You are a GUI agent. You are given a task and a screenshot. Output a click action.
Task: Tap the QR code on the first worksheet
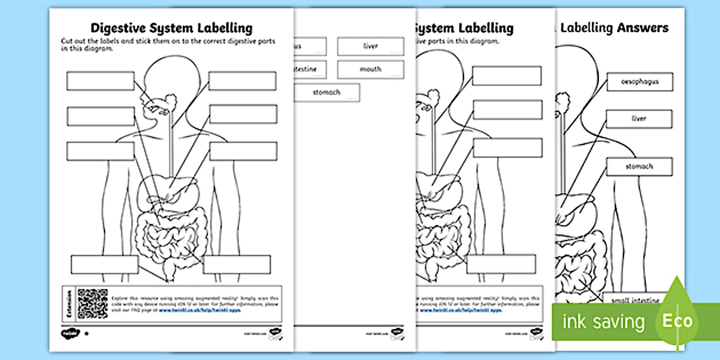click(x=92, y=303)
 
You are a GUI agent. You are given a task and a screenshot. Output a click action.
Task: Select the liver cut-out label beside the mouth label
click(x=370, y=46)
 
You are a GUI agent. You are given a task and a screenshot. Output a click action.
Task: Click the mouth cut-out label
click(x=370, y=69)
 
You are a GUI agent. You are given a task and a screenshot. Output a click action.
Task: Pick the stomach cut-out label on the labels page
click(x=326, y=92)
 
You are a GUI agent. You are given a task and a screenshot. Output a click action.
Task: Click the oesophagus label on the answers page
click(x=639, y=82)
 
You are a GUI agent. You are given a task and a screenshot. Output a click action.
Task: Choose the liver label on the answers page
click(x=639, y=119)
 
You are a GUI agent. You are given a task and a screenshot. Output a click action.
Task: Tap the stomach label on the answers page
click(x=639, y=167)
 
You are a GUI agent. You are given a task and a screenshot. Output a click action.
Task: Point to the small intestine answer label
click(x=635, y=299)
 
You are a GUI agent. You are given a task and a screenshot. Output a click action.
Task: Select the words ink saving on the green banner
click(x=603, y=321)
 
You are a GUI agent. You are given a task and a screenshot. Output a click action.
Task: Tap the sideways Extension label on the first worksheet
click(x=69, y=303)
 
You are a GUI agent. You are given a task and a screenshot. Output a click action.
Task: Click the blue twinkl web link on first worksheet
click(x=199, y=310)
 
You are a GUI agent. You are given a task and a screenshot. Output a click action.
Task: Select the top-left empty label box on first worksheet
click(x=100, y=81)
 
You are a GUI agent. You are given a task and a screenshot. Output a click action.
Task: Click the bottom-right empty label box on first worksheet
click(x=237, y=265)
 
